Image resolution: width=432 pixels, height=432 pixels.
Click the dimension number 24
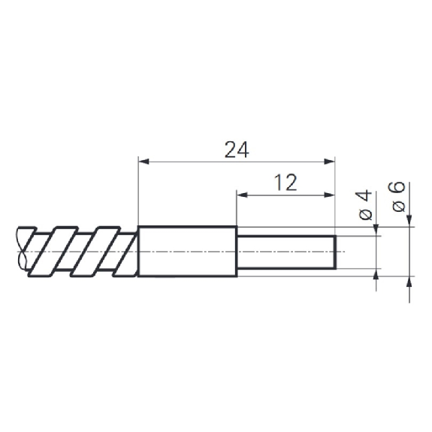(x=237, y=150)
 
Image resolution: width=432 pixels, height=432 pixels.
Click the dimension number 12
(x=285, y=183)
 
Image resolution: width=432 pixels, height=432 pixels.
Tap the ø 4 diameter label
(x=365, y=204)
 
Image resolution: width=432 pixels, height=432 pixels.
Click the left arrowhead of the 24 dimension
(x=143, y=162)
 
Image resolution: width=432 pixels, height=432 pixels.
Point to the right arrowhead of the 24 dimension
(x=330, y=162)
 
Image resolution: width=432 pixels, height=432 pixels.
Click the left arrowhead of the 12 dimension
(x=242, y=195)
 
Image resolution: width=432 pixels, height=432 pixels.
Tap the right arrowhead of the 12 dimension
(x=330, y=195)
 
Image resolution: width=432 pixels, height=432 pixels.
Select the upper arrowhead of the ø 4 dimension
(x=376, y=231)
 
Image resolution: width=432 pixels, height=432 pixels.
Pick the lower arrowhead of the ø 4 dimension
(x=376, y=274)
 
